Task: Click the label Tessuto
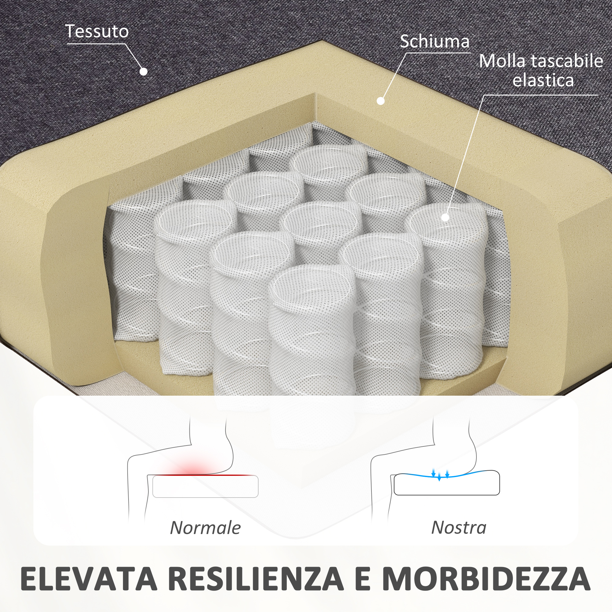click(97, 32)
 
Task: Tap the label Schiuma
click(435, 42)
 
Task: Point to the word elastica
click(543, 80)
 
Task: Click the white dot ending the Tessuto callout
click(144, 72)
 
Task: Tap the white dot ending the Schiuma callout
click(381, 101)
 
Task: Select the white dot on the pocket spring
click(445, 217)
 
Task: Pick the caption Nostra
click(459, 528)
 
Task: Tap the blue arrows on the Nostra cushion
click(440, 474)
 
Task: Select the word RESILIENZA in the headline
click(256, 579)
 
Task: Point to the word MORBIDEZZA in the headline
click(487, 579)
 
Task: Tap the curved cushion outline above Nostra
click(447, 495)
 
